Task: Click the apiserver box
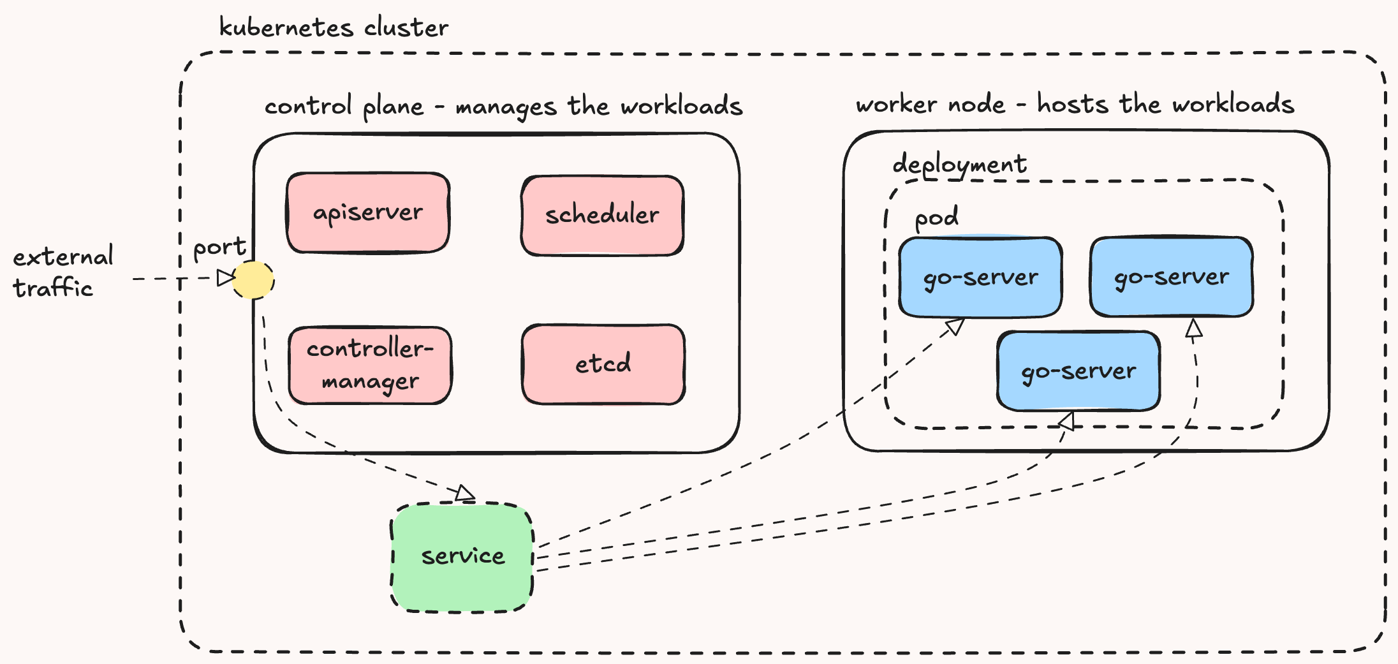pos(368,213)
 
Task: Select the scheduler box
pos(602,216)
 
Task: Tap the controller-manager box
pos(370,365)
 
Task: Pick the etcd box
pos(603,364)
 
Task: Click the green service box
pos(462,557)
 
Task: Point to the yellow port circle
pos(253,279)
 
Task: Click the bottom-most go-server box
pos(1078,371)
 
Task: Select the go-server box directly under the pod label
pos(980,277)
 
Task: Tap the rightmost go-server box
pos(1171,277)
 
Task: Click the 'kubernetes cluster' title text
pos(334,28)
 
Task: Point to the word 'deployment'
pos(959,165)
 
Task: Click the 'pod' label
pos(936,218)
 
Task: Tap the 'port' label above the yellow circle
pos(219,247)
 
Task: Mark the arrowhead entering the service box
pos(466,493)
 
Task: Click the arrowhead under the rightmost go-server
pos(1194,328)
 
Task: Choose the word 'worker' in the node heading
pos(897,104)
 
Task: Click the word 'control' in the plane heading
pos(308,106)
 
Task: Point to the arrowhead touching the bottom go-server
pos(1067,422)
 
